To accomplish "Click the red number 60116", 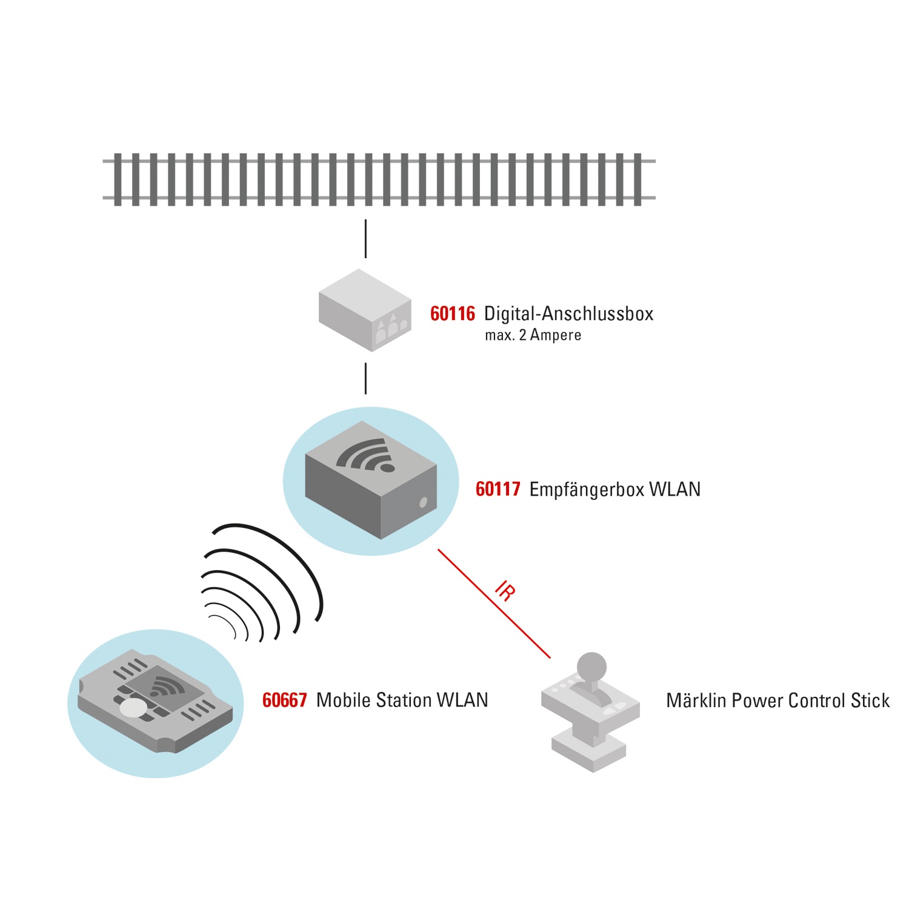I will click(x=452, y=314).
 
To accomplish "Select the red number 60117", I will click(x=498, y=489).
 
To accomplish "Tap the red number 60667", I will click(x=284, y=701).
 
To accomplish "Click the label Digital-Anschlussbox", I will click(x=568, y=314).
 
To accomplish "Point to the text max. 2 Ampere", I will click(x=533, y=335).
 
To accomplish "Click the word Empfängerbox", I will click(x=586, y=489).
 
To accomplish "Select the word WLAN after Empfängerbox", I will click(x=674, y=489).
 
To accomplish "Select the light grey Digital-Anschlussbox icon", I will click(x=365, y=310).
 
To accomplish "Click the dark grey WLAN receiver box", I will click(x=370, y=479).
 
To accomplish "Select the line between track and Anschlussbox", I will click(x=365, y=239).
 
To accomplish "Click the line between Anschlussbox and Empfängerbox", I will click(x=365, y=378).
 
